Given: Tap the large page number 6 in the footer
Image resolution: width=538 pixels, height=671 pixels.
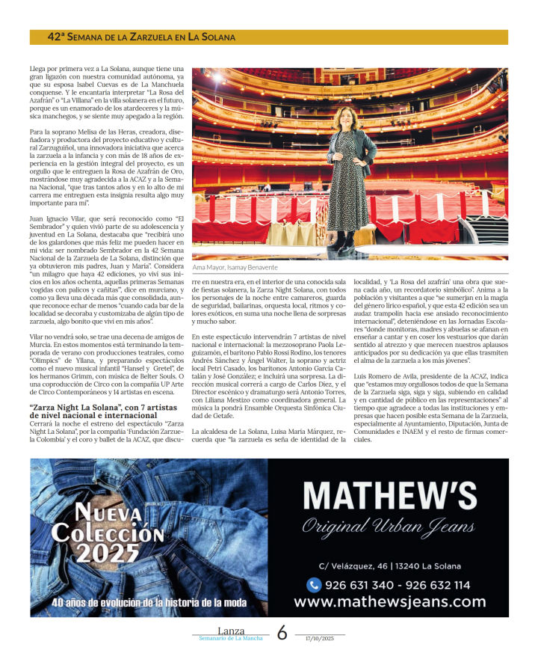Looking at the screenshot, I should coord(282,633).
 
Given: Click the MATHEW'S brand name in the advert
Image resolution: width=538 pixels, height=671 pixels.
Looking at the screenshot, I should coord(389,496).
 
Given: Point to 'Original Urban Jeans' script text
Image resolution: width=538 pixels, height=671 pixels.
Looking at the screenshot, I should coord(389,526).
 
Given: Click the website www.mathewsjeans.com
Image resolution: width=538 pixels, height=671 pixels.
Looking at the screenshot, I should coord(389,601).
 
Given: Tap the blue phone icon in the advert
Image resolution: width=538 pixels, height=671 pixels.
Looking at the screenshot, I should coord(314,585).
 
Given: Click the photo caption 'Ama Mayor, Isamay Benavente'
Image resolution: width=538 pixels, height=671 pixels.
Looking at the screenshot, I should coord(235,267).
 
